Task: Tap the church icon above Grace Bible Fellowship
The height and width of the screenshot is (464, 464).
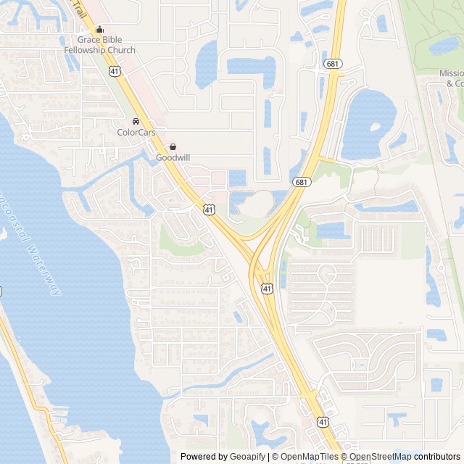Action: pos(99,30)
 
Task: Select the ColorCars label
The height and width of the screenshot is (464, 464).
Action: pos(136,133)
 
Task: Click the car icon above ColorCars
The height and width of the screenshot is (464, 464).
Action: pos(136,121)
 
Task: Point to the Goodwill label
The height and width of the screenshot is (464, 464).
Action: pos(173,157)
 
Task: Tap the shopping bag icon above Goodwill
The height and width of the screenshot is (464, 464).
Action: pos(173,146)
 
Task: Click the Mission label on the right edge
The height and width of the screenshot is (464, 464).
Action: pos(451,73)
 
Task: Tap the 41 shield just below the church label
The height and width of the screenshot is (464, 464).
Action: pos(115,70)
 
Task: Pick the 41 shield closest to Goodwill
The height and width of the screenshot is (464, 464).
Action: pos(209,209)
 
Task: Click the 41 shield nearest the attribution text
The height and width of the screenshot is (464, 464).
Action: pos(322,421)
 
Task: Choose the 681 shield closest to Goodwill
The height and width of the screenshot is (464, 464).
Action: pos(301,181)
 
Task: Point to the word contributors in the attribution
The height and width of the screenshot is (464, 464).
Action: pos(437,456)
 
